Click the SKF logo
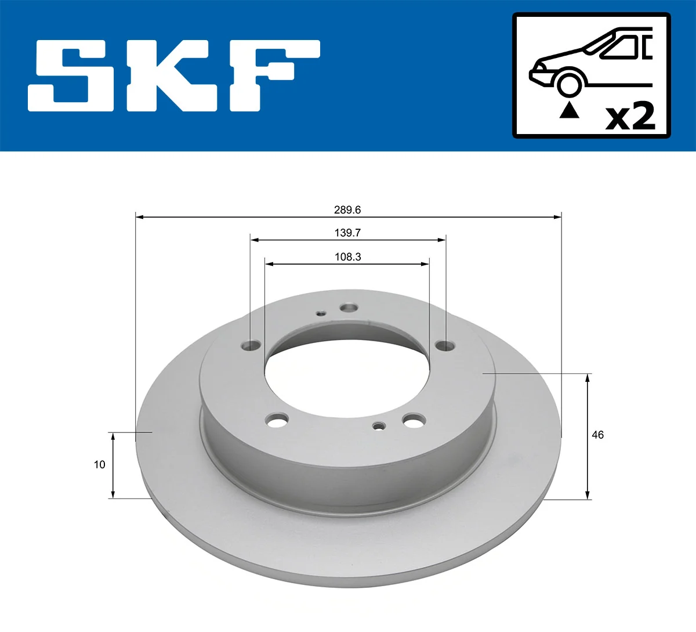click(x=174, y=75)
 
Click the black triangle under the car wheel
click(x=569, y=110)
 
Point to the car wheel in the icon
click(x=569, y=84)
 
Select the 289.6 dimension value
click(x=347, y=210)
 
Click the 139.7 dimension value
click(x=347, y=233)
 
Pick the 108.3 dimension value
click(x=347, y=257)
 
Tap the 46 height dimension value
click(x=597, y=435)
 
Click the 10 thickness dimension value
click(x=100, y=464)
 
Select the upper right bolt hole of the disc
click(x=445, y=346)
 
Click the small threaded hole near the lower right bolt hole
click(x=379, y=427)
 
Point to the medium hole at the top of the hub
click(x=349, y=308)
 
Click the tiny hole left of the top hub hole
click(x=321, y=314)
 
